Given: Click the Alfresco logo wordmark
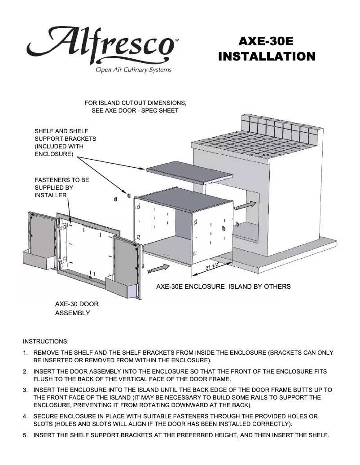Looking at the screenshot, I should [x=101, y=44].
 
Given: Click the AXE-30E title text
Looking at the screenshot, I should [x=266, y=41].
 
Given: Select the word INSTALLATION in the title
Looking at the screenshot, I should [x=266, y=57].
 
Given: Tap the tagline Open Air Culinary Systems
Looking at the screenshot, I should [x=132, y=70].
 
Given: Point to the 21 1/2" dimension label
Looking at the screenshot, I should [x=212, y=266].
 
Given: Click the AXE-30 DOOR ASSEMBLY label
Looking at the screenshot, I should [x=76, y=309].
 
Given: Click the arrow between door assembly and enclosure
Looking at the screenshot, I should [x=161, y=268].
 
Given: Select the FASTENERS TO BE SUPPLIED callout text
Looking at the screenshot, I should [x=61, y=187].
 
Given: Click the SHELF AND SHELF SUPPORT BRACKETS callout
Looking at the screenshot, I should [x=65, y=143].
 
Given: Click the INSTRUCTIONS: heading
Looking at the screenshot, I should [x=46, y=341].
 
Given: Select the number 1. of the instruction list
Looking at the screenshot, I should [x=26, y=353].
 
